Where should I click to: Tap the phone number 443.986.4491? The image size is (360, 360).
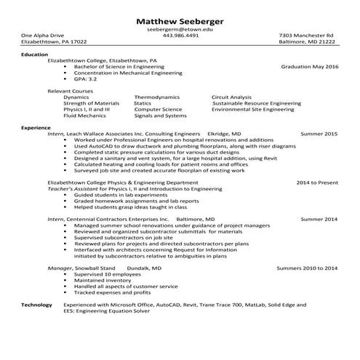pos(180,36)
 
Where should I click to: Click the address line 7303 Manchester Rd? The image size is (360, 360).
pos(306,36)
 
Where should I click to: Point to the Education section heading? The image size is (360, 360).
pos(34,55)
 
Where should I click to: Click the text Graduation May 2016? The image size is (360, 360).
pos(310,67)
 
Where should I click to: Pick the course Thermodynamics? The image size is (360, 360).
pos(157,97)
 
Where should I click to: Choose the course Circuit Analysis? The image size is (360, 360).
pos(231,97)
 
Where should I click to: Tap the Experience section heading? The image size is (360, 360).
pos(36,128)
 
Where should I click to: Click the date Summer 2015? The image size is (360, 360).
pos(319,135)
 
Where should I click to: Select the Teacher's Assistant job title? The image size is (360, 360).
pos(76,189)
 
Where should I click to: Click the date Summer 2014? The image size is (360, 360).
pos(319,219)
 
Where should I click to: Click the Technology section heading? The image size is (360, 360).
pos(36,305)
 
